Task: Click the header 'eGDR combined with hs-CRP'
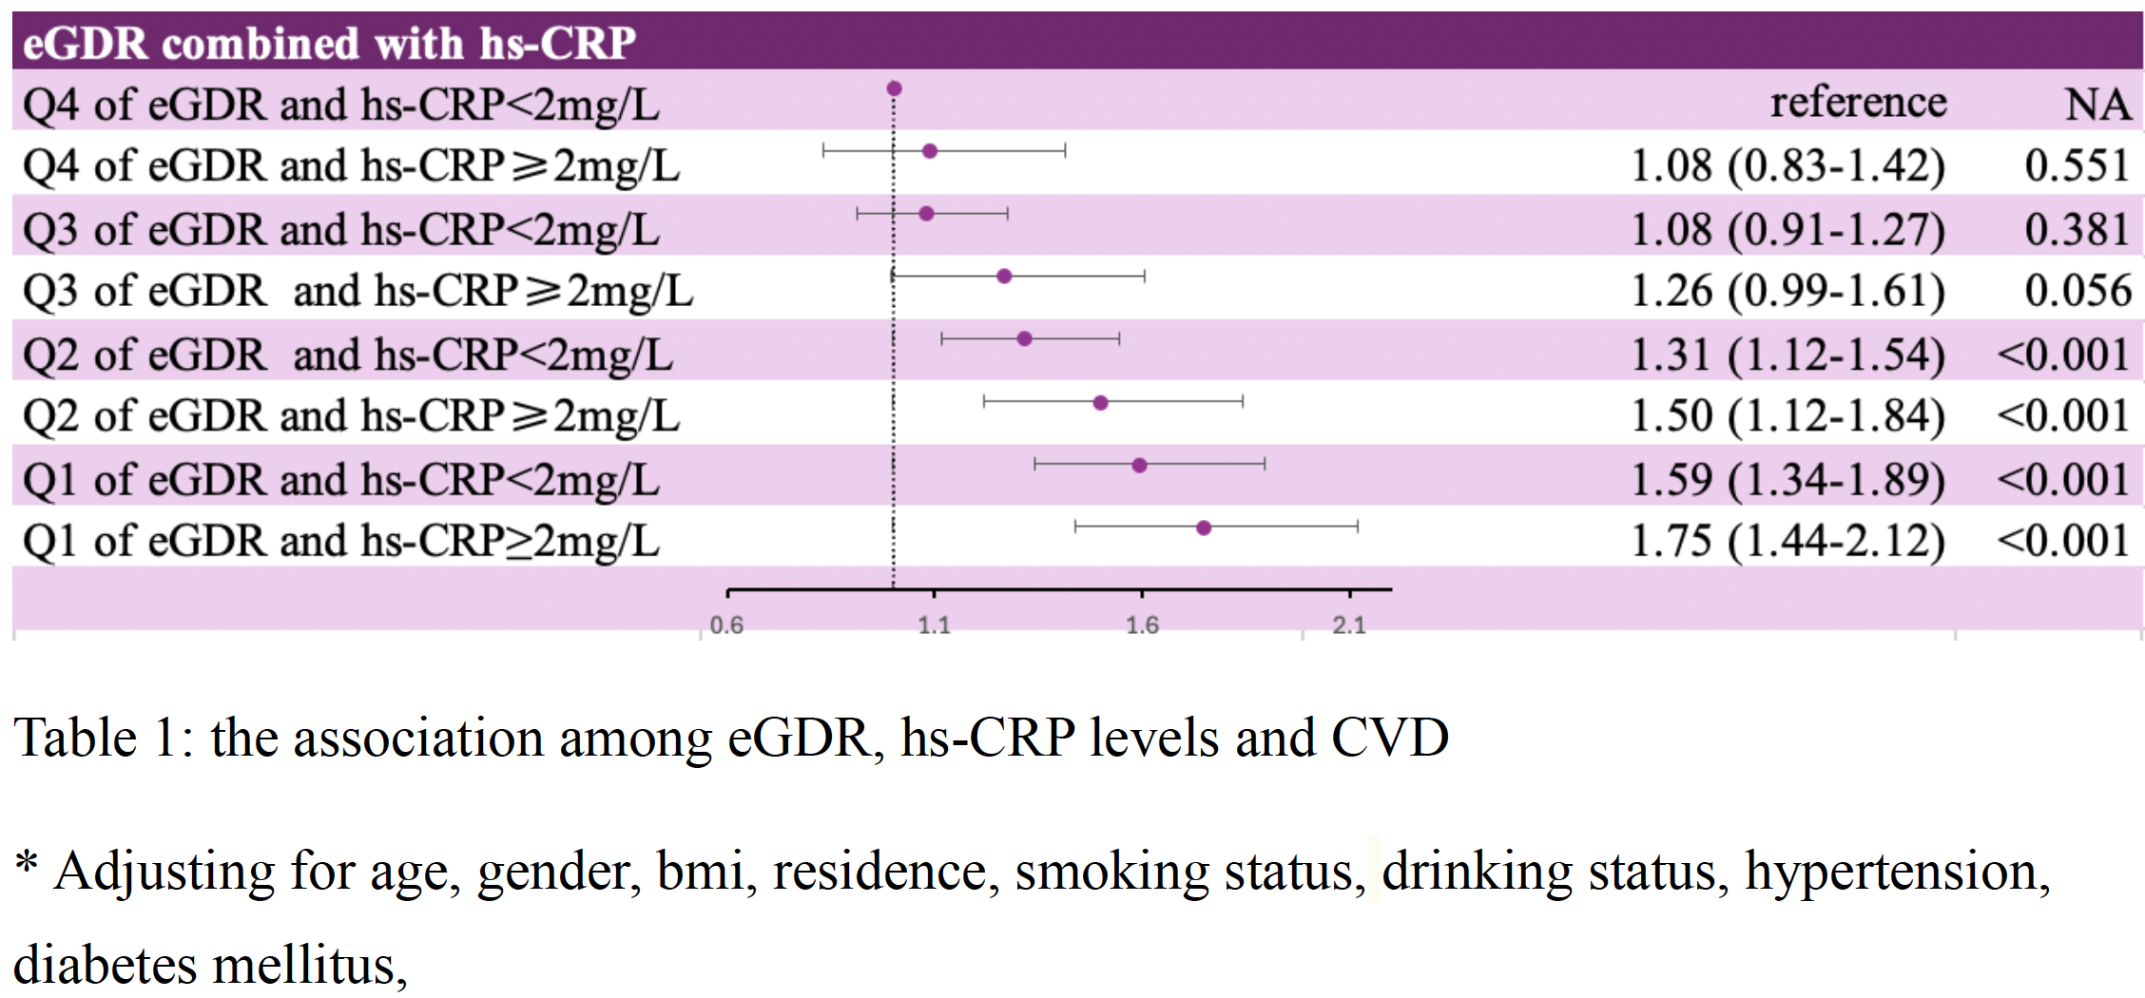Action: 329,43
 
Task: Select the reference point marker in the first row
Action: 894,89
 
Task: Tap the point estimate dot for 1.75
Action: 1204,528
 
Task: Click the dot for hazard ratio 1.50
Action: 1100,403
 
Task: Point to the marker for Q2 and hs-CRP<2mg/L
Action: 1024,339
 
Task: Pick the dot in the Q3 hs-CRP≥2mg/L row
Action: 1004,277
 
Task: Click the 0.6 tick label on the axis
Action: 726,625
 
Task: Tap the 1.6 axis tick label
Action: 1142,625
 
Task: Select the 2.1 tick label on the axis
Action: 1349,625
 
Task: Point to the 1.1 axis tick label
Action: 934,625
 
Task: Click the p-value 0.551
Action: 2077,166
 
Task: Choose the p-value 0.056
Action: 2077,291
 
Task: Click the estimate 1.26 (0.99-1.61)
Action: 1787,291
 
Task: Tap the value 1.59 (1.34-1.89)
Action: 1787,479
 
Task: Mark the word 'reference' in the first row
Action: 1858,103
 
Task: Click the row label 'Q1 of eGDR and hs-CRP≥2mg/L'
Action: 340,541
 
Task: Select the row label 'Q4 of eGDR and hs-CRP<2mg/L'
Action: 340,105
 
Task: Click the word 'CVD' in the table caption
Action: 1389,738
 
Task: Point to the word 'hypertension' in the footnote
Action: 1897,872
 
